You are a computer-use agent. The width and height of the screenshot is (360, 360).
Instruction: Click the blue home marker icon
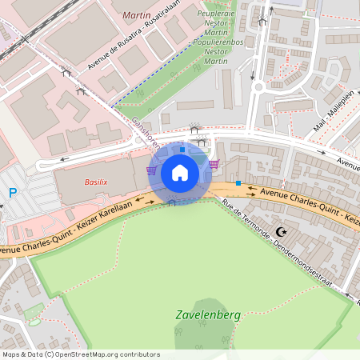[x=180, y=173]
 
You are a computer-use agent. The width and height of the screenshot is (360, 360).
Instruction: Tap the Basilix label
[x=97, y=182]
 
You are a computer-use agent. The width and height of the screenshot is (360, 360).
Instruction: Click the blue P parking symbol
[x=12, y=192]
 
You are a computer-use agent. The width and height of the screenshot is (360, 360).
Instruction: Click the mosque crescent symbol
[x=280, y=232]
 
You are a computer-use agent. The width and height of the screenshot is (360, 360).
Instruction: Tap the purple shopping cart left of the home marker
[x=151, y=170]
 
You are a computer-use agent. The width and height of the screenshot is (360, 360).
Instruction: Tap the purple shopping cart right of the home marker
[x=214, y=164]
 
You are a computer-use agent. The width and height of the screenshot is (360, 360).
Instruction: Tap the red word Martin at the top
[x=137, y=15]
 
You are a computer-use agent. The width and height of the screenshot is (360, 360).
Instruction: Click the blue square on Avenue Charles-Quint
[x=238, y=183]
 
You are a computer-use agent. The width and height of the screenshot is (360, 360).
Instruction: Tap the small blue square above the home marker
[x=182, y=149]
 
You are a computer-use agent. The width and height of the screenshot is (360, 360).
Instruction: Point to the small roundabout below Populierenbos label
[x=258, y=86]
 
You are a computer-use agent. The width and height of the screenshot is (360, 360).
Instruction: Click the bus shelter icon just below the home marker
[x=171, y=202]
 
